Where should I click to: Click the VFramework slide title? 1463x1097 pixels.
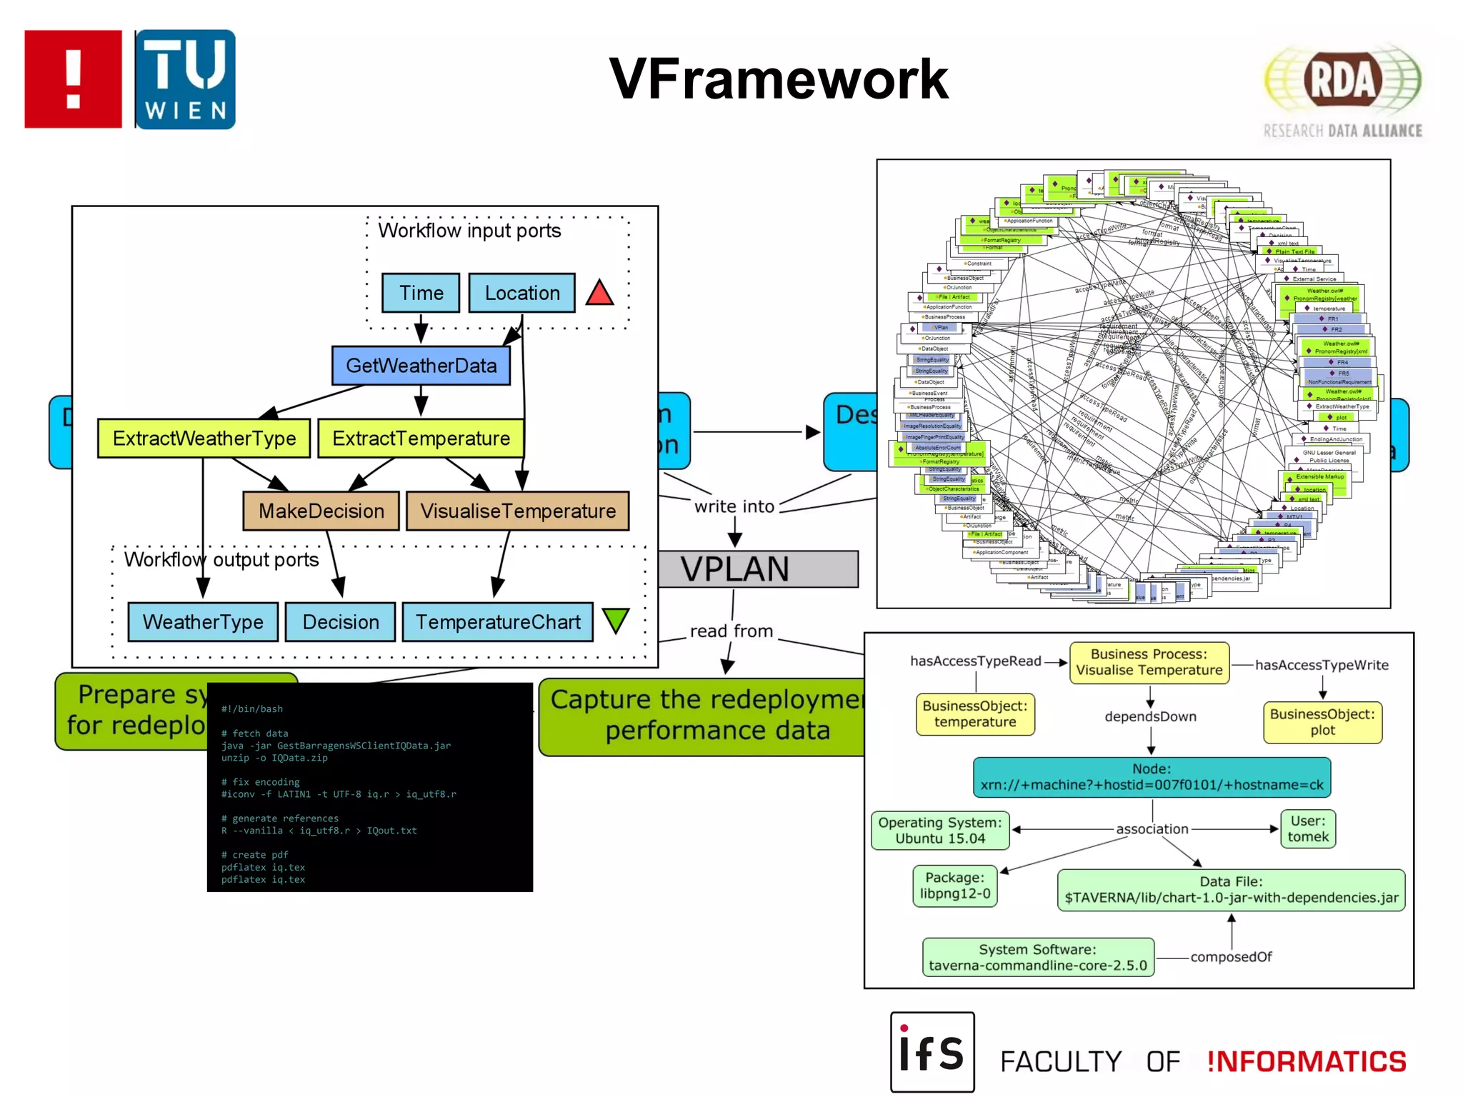click(778, 79)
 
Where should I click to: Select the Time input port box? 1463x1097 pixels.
click(421, 293)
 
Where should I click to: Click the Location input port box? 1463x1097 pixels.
click(521, 293)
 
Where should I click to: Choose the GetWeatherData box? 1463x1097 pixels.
click(421, 366)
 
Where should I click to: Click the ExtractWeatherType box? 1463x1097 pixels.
click(204, 438)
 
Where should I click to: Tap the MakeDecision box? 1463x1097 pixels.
click(321, 511)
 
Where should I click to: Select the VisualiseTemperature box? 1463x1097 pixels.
click(517, 511)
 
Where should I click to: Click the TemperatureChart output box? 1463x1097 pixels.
click(497, 622)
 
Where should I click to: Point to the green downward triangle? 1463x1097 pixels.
click(615, 619)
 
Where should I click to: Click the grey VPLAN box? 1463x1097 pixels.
click(757, 569)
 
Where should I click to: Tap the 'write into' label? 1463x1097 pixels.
click(734, 506)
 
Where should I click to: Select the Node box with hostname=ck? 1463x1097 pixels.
click(1151, 777)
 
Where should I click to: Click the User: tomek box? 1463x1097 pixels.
click(1307, 828)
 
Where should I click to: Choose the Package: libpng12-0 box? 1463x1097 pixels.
click(954, 886)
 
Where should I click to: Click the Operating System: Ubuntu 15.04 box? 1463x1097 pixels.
click(939, 831)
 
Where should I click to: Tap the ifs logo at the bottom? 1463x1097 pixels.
click(932, 1051)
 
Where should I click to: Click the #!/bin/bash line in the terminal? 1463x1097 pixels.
click(252, 708)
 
